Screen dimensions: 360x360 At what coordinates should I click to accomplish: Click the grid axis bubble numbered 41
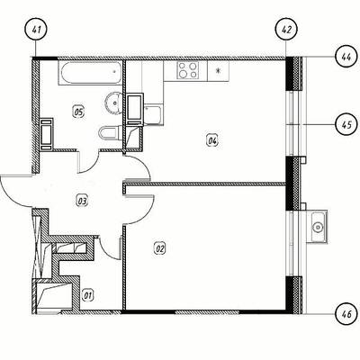(x=36, y=30)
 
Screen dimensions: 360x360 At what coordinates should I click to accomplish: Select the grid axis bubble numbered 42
(x=286, y=30)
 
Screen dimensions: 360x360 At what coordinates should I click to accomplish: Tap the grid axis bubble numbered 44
(x=346, y=57)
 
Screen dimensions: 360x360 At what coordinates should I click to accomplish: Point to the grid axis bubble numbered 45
(x=346, y=124)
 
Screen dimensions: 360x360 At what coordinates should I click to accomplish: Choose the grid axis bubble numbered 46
(x=346, y=314)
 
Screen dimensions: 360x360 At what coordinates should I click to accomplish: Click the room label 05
(x=79, y=112)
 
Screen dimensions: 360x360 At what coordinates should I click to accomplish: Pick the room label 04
(x=212, y=140)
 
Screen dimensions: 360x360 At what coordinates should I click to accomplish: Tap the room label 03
(x=82, y=201)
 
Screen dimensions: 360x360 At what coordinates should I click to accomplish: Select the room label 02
(x=160, y=248)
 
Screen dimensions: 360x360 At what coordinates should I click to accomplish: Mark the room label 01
(x=88, y=295)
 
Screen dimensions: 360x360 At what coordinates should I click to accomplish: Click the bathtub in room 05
(x=90, y=73)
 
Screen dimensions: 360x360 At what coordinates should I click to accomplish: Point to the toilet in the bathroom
(x=111, y=133)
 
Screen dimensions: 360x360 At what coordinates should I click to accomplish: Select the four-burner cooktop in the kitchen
(x=188, y=70)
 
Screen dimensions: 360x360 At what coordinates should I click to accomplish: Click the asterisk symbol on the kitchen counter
(x=219, y=71)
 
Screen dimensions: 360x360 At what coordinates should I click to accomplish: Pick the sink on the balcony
(x=317, y=227)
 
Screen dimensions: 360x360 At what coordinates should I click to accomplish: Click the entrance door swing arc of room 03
(x=11, y=198)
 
